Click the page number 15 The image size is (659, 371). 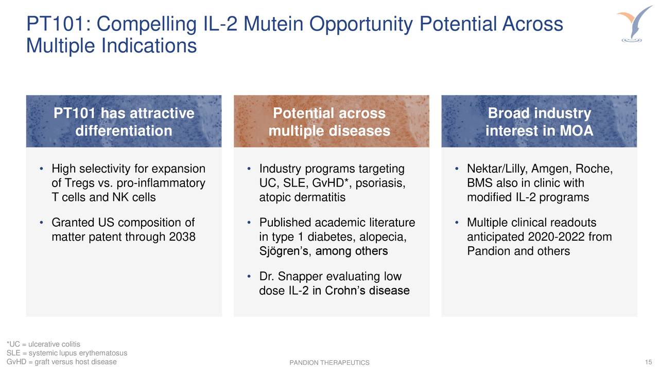pyautogui.click(x=648, y=362)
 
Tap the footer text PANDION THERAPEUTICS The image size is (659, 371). pyautogui.click(x=329, y=363)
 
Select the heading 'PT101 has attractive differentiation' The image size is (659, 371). pyautogui.click(x=124, y=122)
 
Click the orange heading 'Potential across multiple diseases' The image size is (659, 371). pyautogui.click(x=329, y=122)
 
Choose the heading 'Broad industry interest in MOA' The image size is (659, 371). pyautogui.click(x=539, y=122)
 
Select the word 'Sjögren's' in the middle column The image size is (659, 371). pyautogui.click(x=282, y=251)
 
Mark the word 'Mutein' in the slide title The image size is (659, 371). pyautogui.click(x=277, y=24)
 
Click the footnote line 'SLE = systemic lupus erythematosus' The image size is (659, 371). pyautogui.click(x=66, y=353)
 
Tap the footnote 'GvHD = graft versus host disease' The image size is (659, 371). pyautogui.click(x=61, y=362)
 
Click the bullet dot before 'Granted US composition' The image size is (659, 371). pyautogui.click(x=42, y=224)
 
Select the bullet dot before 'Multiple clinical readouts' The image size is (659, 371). pyautogui.click(x=457, y=224)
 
